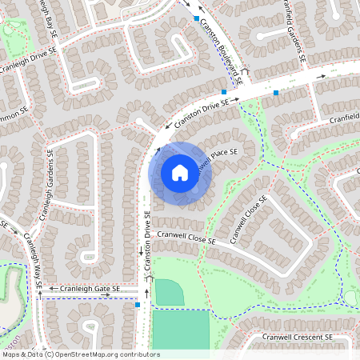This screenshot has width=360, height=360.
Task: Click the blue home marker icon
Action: point(180,173)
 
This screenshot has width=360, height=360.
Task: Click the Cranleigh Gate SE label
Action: point(84,288)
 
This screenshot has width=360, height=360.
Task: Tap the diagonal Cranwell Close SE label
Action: point(247,220)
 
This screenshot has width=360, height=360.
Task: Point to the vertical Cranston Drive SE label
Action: point(148,240)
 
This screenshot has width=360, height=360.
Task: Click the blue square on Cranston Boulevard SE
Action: point(196,17)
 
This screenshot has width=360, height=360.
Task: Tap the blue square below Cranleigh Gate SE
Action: point(138,305)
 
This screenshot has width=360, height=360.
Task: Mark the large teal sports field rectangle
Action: point(180,330)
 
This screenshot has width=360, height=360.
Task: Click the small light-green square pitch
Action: point(169,292)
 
